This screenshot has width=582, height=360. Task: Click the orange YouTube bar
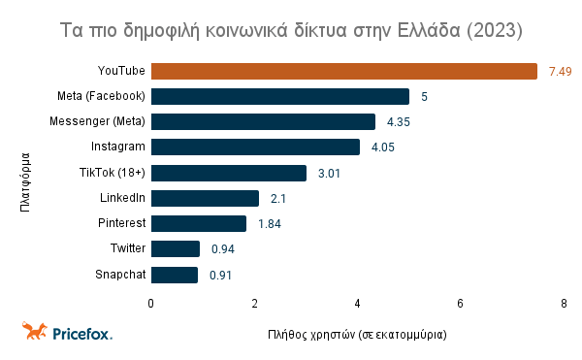click(344, 71)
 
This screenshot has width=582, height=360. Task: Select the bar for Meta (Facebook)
click(280, 96)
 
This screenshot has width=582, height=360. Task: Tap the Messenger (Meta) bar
click(263, 121)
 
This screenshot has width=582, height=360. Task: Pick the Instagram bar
click(255, 147)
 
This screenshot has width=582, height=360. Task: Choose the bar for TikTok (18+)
click(229, 173)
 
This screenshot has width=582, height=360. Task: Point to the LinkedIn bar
click(206, 198)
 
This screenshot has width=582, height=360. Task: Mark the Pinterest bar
click(199, 223)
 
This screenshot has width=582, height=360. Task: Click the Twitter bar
click(176, 248)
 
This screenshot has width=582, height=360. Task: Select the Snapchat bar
click(175, 275)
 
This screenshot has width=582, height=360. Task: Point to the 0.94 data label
click(223, 248)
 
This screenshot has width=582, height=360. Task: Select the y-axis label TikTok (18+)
click(113, 173)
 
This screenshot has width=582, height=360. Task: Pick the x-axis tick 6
click(461, 304)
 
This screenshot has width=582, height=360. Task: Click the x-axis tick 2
click(254, 304)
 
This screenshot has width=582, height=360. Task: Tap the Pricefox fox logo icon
click(36, 331)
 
